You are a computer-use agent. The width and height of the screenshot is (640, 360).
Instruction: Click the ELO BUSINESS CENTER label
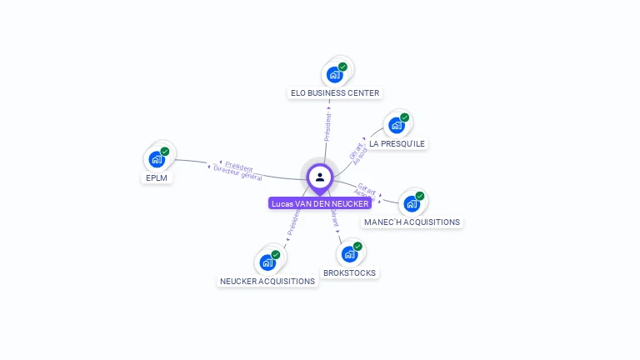click(335, 93)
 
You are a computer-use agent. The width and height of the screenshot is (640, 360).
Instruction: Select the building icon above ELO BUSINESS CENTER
click(335, 74)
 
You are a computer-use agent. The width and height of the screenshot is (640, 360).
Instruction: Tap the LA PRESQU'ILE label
click(397, 144)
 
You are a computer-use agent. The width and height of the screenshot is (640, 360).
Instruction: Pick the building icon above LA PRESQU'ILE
click(397, 125)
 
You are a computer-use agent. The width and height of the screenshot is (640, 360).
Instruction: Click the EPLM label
click(157, 177)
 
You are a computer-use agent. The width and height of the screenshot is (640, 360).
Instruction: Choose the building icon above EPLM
click(157, 159)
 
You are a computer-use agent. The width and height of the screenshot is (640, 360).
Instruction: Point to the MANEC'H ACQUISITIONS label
click(412, 222)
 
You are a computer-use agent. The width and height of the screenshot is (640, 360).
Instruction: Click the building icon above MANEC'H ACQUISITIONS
click(412, 203)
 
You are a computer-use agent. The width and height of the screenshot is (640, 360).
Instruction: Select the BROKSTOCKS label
click(349, 273)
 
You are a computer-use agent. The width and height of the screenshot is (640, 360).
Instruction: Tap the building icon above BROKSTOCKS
click(349, 253)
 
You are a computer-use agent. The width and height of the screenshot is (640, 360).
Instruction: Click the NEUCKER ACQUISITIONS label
click(267, 282)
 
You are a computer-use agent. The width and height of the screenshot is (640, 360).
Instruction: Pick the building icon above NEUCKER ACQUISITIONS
click(267, 262)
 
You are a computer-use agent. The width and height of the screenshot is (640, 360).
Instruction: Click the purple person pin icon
click(320, 177)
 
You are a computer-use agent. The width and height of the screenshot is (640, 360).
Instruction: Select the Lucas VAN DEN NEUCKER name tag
click(320, 203)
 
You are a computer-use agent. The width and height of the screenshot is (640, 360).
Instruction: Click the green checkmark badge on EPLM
click(165, 152)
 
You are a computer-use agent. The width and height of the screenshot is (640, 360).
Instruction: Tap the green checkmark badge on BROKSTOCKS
click(357, 246)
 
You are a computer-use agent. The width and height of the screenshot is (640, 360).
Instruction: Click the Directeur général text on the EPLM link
click(237, 173)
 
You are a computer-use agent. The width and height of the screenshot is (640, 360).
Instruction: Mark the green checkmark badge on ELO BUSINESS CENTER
click(342, 67)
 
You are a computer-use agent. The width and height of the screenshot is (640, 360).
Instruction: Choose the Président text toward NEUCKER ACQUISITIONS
click(292, 221)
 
